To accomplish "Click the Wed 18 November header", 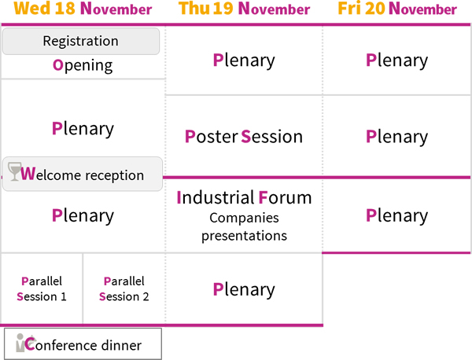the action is (83, 9).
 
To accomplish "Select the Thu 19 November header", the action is (244, 9).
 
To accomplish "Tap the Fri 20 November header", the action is (397, 9).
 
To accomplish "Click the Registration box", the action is (81, 41).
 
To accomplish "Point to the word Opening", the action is (83, 65).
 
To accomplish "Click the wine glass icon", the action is (14, 171).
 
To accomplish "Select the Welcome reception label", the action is (82, 174).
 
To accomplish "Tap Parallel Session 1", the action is (42, 288).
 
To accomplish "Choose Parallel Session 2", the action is (124, 288).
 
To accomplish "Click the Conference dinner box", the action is (83, 343).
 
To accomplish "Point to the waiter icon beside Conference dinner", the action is (21, 343).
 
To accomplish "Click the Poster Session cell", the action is (244, 137).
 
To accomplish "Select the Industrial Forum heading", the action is (244, 197).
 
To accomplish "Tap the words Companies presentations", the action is (244, 226).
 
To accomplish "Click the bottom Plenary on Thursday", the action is (244, 289).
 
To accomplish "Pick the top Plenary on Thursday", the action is (244, 61).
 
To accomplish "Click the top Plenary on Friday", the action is (396, 61).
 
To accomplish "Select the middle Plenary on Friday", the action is (396, 137).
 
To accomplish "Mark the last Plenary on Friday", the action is (396, 215).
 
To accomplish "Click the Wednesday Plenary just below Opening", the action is (83, 129).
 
